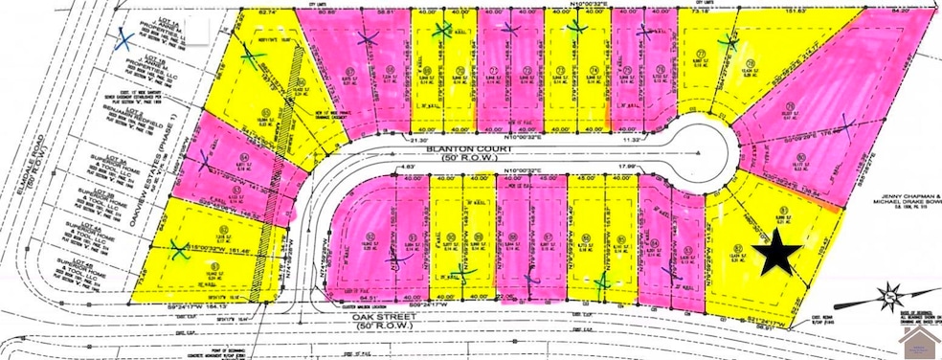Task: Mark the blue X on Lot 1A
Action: point(123,39)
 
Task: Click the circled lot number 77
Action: point(702,54)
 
